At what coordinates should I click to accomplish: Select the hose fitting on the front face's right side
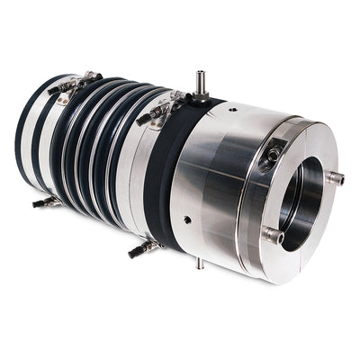pyautogui.click(x=335, y=177)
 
